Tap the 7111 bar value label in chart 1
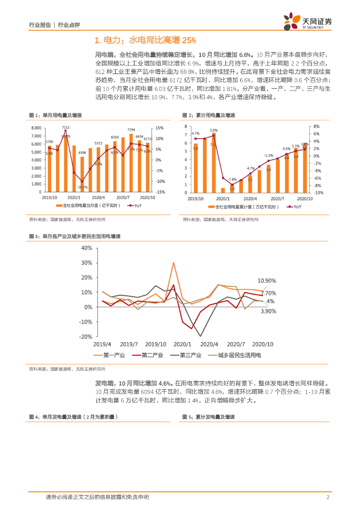pyautogui.click(x=66, y=128)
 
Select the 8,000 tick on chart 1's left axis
pyautogui.click(x=36, y=128)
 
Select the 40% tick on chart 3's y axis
pyautogui.click(x=86, y=248)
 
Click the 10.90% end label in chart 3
pyautogui.click(x=267, y=281)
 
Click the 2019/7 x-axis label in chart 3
pyautogui.click(x=129, y=344)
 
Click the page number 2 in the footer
pyautogui.click(x=328, y=497)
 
